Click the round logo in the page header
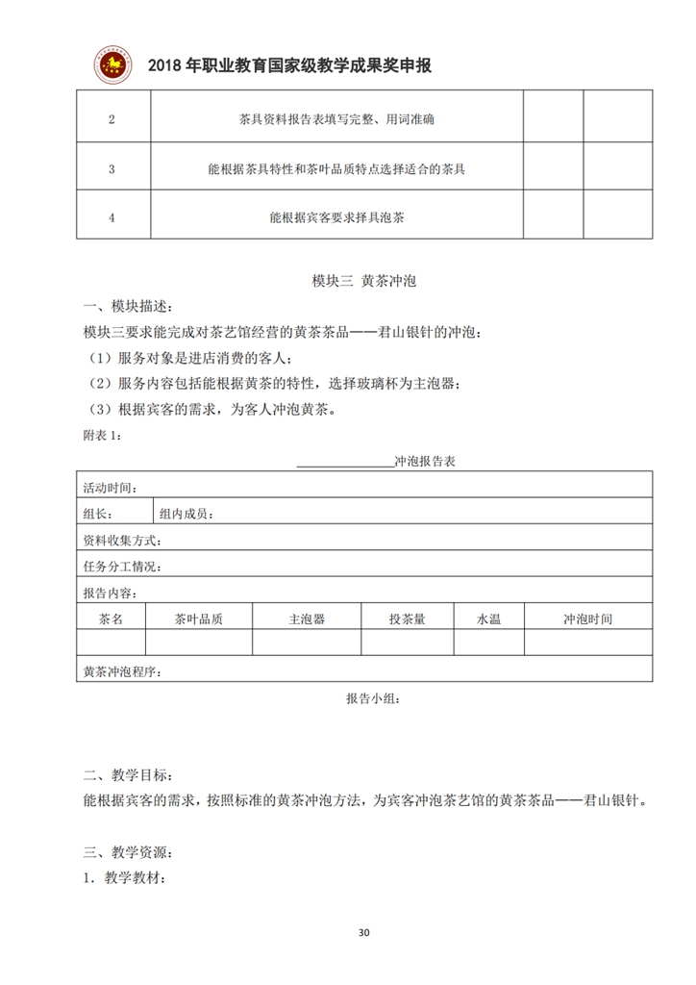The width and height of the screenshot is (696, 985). [x=113, y=64]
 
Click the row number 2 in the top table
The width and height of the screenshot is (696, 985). [x=112, y=120]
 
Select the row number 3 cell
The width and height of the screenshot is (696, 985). [x=112, y=168]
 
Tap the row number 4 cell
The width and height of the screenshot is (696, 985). [x=112, y=217]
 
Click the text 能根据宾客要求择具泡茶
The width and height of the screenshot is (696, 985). [x=336, y=217]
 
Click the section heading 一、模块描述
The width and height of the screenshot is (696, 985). [x=129, y=307]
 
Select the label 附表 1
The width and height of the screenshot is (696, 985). [x=103, y=436]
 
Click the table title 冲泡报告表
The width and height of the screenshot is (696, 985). [x=424, y=462]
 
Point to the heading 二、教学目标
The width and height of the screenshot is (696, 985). [x=129, y=774]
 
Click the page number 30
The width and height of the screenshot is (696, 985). [x=362, y=932]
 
